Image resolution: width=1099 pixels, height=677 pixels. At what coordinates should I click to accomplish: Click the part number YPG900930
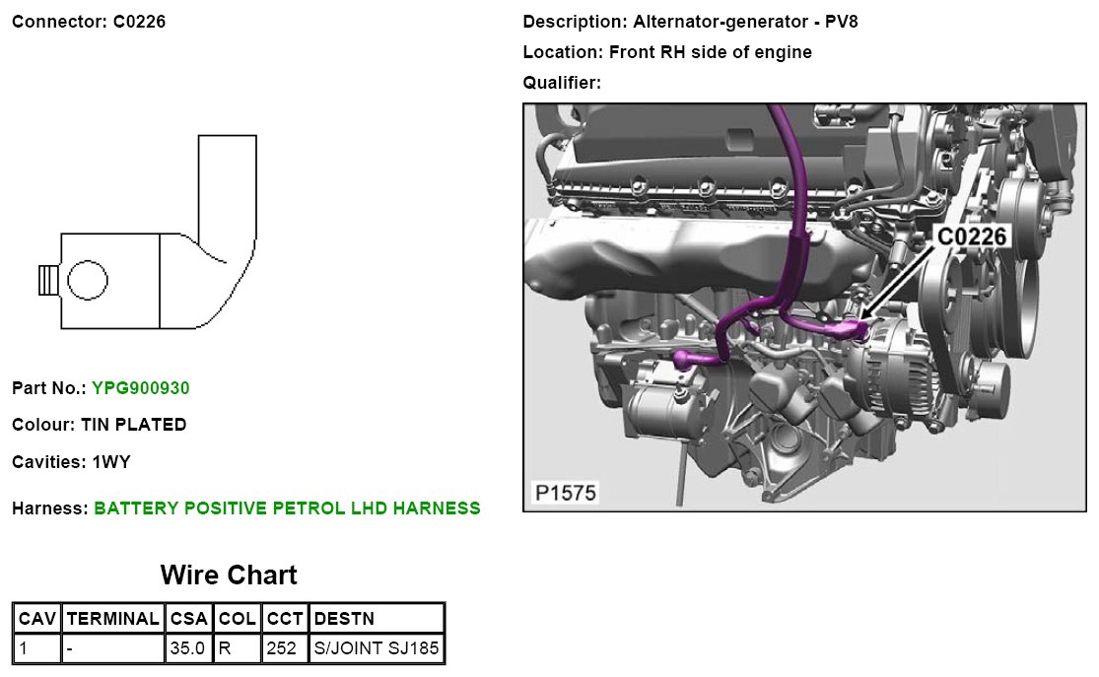140,388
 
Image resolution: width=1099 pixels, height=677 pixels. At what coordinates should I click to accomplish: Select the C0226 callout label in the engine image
971,237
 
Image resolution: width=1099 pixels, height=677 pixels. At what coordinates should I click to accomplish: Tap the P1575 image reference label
566,492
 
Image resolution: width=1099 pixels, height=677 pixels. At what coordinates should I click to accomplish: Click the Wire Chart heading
228,575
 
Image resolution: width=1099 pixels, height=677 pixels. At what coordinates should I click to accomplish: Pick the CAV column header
37,619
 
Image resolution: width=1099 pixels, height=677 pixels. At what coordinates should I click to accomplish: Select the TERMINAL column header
113,619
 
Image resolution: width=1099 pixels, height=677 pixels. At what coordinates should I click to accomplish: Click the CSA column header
188,619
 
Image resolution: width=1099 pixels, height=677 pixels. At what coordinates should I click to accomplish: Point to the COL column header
237,619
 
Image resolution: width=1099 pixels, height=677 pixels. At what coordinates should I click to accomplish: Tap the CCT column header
285,619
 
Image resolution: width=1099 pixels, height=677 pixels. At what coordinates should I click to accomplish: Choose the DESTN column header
344,619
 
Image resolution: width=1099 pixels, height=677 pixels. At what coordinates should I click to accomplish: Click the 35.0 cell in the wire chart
187,648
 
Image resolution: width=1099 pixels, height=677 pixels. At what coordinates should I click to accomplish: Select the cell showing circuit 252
280,648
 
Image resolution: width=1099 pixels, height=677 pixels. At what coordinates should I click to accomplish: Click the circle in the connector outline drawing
87,281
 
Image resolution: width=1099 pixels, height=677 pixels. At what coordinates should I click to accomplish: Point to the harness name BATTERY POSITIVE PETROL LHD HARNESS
287,508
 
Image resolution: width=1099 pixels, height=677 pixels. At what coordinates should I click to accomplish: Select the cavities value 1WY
111,461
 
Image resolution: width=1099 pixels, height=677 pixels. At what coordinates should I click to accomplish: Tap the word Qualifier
559,83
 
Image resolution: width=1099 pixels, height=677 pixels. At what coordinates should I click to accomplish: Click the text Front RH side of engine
710,52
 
